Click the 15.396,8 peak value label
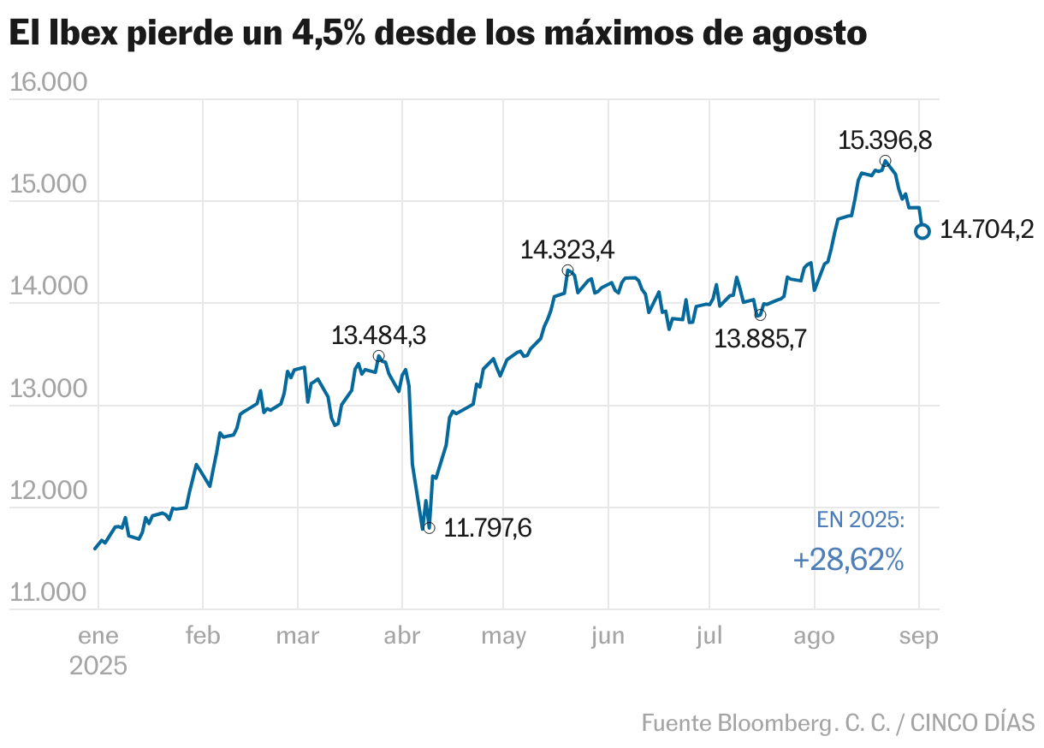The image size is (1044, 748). coord(884,140)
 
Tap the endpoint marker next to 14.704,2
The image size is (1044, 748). coord(922,231)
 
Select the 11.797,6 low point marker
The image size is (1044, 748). coord(429,528)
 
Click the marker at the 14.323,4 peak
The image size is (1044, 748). coord(568,270)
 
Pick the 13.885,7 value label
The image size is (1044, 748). coord(760,339)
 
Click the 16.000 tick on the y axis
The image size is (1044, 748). coord(50,83)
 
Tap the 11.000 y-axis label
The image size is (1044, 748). coord(50,593)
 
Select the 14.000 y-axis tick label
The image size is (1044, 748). coord(50,287)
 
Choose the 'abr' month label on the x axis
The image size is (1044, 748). coord(402,636)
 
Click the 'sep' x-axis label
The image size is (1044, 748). coord(919,636)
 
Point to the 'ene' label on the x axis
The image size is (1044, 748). coord(98,636)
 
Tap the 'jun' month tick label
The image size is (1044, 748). coord(607,636)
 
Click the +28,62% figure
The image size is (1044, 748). coord(848,560)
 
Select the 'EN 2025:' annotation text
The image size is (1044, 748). coord(860,519)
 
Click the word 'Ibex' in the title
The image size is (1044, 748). coord(80,33)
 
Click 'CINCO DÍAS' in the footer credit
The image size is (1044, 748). coord(972,722)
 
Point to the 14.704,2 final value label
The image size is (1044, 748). coord(987,229)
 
